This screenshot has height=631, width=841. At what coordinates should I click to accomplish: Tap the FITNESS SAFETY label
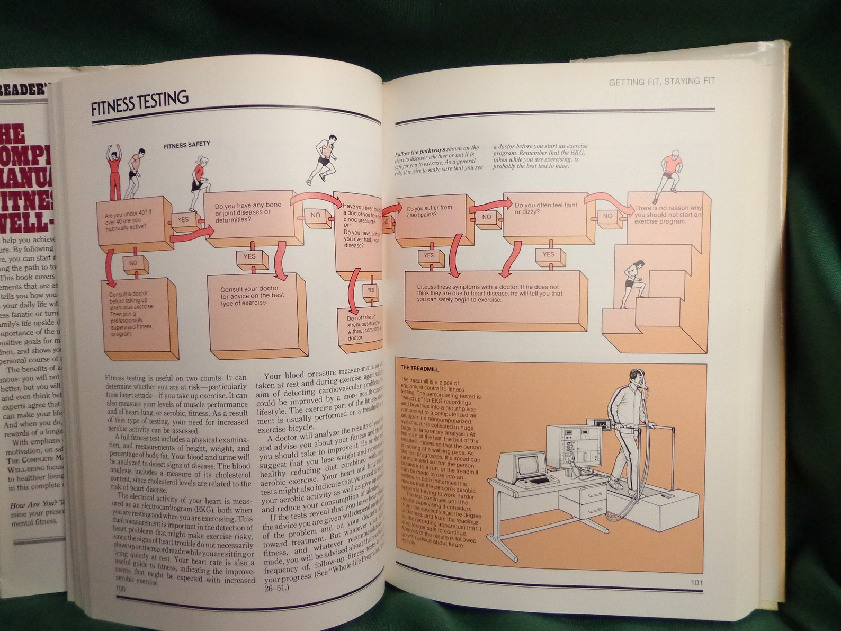coord(186,144)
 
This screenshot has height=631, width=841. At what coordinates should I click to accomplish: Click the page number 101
coord(696,582)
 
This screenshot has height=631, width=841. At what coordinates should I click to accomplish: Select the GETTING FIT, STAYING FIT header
coord(661,82)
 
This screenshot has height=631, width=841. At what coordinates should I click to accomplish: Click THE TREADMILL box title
coord(420,368)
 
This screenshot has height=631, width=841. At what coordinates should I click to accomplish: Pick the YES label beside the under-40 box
coord(183,220)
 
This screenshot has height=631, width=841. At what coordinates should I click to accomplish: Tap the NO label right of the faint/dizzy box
coord(607,216)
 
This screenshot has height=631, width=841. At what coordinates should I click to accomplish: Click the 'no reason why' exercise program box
coord(667,215)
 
